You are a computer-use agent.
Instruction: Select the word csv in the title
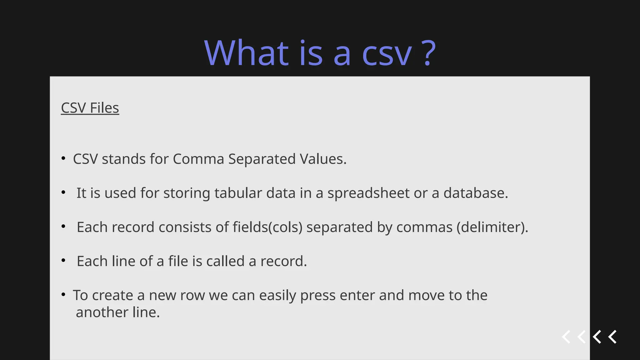pos(387,55)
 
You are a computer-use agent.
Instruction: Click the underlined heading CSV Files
pos(90,108)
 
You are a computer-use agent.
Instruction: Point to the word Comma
pos(198,159)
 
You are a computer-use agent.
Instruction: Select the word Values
pos(323,159)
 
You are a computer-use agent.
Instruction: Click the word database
pos(476,193)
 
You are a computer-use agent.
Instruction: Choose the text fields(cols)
pos(267,227)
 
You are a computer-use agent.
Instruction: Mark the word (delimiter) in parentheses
pos(492,227)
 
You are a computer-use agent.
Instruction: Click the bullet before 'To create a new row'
pos(63,294)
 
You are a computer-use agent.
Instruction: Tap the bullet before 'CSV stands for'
pos(63,158)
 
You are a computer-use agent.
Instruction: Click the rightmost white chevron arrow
pos(612,337)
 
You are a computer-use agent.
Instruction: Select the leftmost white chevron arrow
pos(566,337)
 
